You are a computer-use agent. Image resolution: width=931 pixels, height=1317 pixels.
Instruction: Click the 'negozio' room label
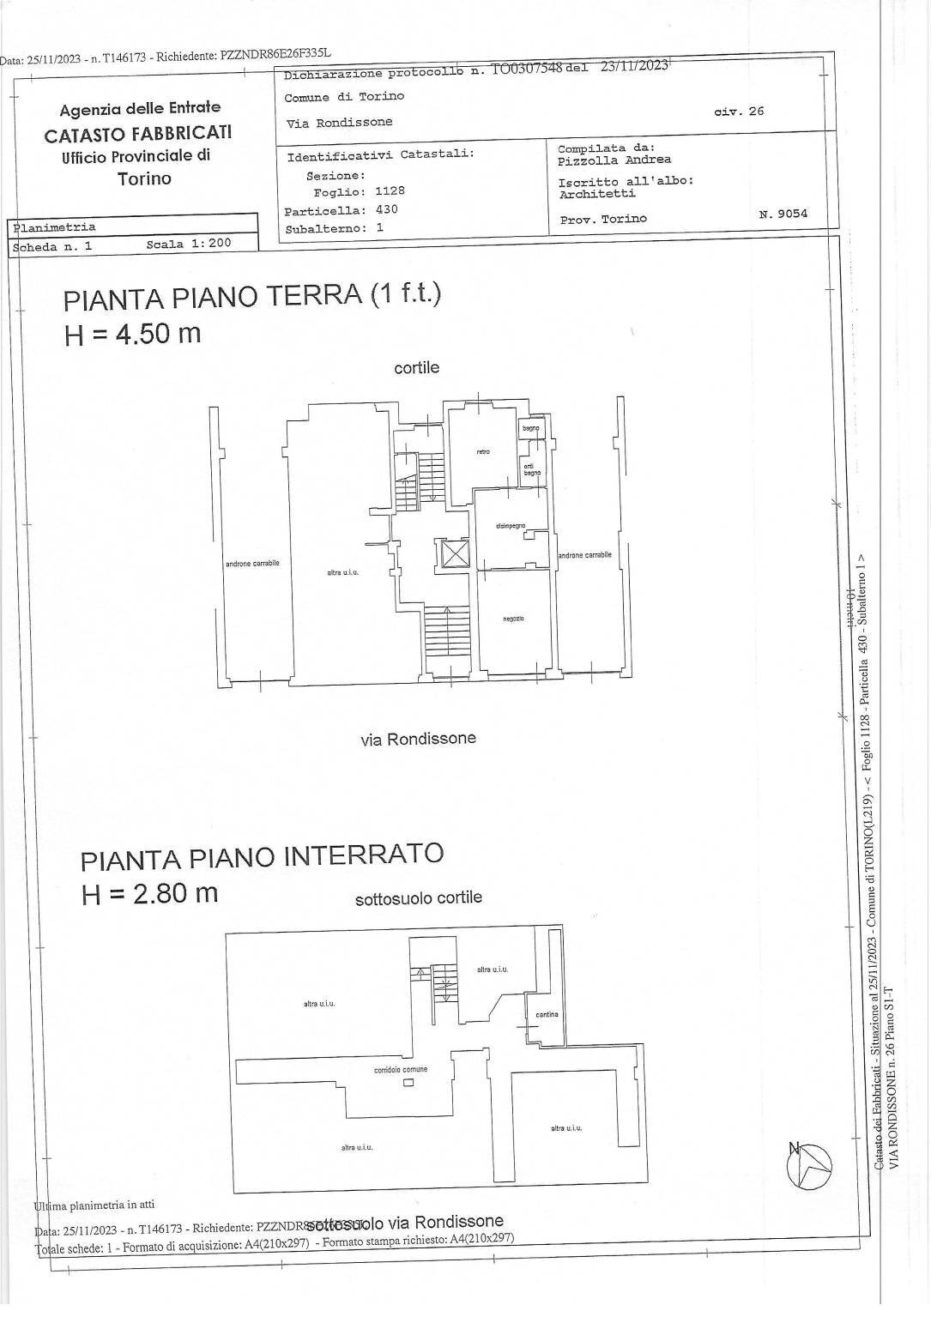click(513, 619)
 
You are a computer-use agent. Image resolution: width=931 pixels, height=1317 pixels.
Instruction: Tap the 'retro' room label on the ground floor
click(483, 452)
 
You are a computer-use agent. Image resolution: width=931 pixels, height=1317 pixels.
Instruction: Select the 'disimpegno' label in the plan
click(510, 526)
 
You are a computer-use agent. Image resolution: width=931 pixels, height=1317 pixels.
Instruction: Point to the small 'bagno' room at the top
click(531, 427)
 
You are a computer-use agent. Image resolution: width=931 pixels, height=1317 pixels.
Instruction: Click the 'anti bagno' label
click(532, 469)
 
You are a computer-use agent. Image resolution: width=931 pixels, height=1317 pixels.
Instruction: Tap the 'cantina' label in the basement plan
click(547, 1014)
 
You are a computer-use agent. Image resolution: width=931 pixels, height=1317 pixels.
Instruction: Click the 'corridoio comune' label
click(401, 1069)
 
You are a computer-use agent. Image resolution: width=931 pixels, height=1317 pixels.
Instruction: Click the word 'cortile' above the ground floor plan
click(416, 367)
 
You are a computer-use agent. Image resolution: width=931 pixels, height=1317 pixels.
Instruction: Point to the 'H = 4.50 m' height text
click(133, 333)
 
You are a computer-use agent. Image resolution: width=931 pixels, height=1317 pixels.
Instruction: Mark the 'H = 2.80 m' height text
click(150, 893)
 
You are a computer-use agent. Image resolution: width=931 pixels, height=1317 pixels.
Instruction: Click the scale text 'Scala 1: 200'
click(189, 244)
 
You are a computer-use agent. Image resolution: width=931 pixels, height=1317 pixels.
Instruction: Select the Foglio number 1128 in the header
click(390, 191)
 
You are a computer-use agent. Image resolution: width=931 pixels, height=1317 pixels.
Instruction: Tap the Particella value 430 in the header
click(387, 209)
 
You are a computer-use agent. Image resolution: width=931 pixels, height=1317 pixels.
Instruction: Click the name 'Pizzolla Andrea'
click(614, 160)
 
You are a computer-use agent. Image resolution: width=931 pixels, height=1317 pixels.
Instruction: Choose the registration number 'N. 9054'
click(783, 214)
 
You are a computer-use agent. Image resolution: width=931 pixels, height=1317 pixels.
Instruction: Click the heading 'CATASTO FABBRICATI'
click(138, 134)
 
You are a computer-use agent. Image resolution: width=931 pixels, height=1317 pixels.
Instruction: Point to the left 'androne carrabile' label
click(252, 564)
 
